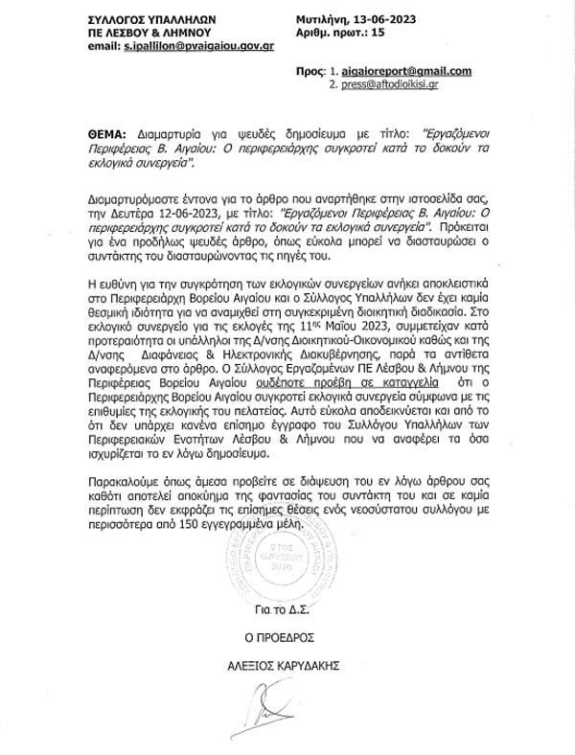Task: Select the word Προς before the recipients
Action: coord(309,72)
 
